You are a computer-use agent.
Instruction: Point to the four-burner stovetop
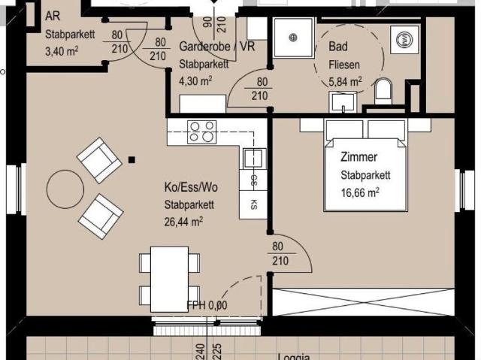tap(201, 132)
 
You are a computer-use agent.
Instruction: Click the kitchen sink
tap(253, 158)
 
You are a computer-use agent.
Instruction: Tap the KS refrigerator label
tap(254, 204)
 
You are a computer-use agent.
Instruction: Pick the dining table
tap(170, 278)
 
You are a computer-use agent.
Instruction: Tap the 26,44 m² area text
tap(183, 221)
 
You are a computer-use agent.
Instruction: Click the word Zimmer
tap(358, 158)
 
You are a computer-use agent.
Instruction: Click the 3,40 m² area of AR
tap(62, 50)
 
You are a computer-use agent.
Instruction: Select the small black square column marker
tap(132, 159)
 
